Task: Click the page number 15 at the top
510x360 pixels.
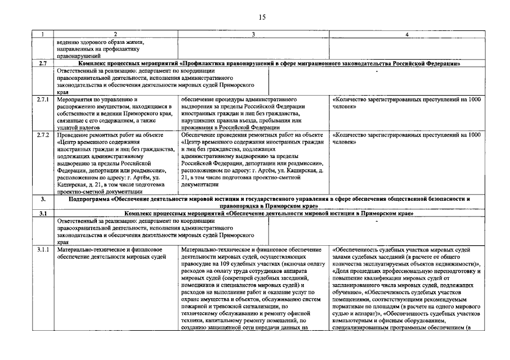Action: pos(262,17)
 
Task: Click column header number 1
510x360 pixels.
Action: pos(43,35)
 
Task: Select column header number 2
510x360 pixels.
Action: pos(115,35)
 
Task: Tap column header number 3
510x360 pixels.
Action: pos(253,35)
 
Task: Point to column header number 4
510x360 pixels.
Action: pos(406,35)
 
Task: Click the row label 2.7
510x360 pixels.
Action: pos(43,64)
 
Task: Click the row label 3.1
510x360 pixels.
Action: pos(43,214)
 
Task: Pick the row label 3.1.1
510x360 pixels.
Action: pos(43,250)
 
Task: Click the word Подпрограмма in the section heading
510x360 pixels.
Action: pos(90,199)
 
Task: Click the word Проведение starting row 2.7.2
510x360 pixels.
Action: pos(74,136)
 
